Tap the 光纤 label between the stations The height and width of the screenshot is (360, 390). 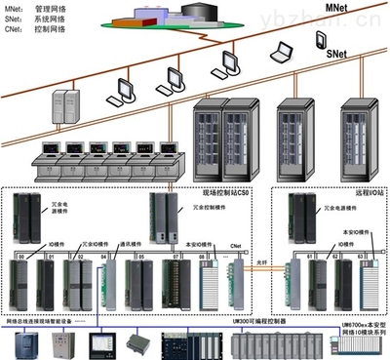(261, 264)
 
